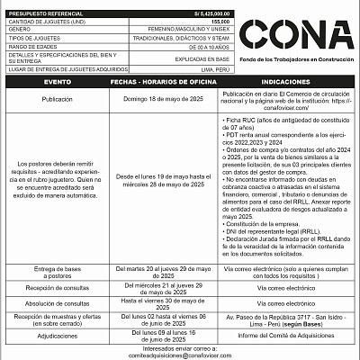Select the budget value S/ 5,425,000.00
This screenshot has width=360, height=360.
207,14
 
